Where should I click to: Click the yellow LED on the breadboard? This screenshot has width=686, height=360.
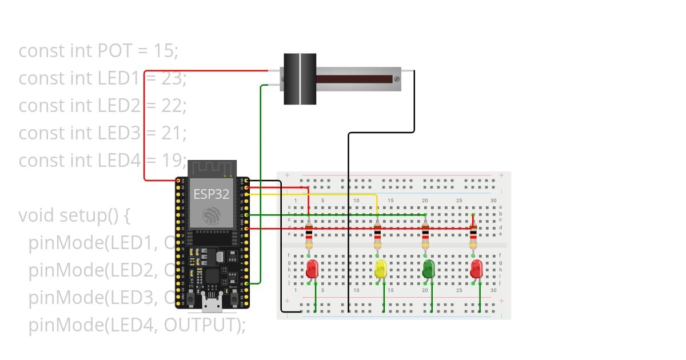coord(381,269)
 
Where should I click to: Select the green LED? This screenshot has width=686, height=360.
coord(428,269)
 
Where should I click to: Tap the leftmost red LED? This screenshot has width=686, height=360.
coord(312,269)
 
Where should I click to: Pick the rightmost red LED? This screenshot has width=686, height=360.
coord(476,269)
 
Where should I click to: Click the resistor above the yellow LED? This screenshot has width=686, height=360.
coord(377,237)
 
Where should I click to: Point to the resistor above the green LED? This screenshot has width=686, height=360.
coord(425,237)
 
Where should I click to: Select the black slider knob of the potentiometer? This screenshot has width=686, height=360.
coord(300,79)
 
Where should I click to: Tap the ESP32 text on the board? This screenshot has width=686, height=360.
coord(211,194)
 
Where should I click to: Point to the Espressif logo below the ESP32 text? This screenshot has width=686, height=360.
coord(212,215)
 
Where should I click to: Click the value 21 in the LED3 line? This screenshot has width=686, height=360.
coord(172,133)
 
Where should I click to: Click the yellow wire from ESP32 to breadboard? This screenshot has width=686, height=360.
coord(320,194)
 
